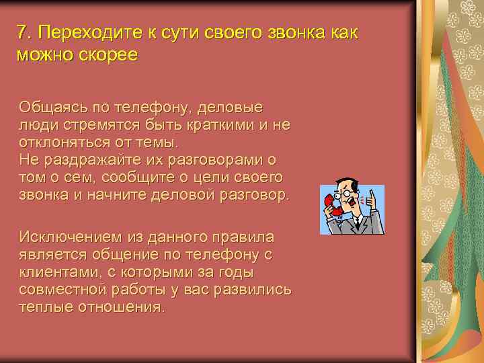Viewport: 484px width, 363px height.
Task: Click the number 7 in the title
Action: click(22, 33)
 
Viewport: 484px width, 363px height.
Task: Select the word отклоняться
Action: click(57, 143)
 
